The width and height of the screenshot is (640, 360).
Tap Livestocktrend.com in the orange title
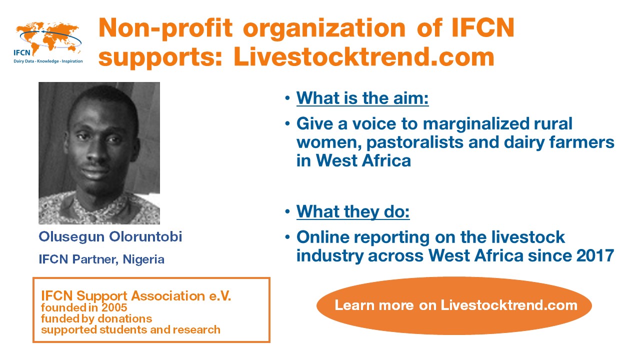pos(364,57)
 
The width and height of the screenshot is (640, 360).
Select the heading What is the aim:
pos(362,98)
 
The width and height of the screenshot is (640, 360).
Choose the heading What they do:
pos(353,211)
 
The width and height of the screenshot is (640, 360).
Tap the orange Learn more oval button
pos(454,305)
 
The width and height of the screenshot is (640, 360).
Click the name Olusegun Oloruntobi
pos(110,237)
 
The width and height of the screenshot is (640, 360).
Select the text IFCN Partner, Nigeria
pos(101,259)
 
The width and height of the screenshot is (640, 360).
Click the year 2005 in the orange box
pos(114,307)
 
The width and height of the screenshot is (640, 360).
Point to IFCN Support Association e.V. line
pos(136,295)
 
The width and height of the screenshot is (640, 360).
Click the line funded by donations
pos(96,319)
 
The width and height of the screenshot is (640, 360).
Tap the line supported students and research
pos(130,329)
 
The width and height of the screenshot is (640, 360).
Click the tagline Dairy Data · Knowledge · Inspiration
pos(48,61)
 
